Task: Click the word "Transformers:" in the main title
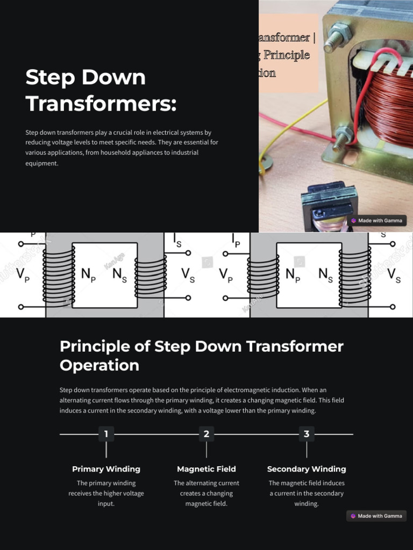101,103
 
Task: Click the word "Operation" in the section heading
99,365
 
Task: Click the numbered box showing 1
106,434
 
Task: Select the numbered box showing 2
206,434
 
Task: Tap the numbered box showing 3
307,434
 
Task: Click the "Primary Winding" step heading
106,469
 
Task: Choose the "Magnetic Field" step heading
206,469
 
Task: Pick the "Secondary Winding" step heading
307,469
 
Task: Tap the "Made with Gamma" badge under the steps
376,516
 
